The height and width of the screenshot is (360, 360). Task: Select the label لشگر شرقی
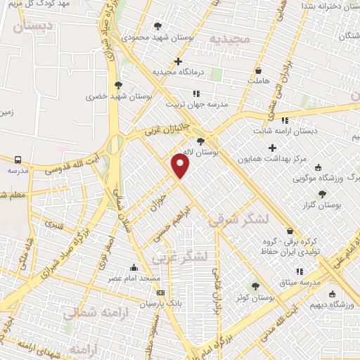(239, 220)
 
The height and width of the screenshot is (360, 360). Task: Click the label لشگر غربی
(184, 257)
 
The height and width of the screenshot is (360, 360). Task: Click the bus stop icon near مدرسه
(18, 160)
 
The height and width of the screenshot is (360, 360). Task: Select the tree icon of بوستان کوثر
(255, 286)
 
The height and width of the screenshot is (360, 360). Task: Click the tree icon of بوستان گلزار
(322, 194)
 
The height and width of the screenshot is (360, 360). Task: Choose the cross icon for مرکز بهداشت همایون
(272, 148)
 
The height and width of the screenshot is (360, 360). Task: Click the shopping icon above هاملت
(259, 70)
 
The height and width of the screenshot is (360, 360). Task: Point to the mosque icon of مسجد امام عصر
(134, 267)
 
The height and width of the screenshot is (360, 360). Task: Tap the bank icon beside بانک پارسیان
(161, 292)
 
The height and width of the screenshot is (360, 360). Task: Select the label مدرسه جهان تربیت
(197, 104)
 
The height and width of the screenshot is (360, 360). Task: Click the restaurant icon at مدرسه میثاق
(300, 271)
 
